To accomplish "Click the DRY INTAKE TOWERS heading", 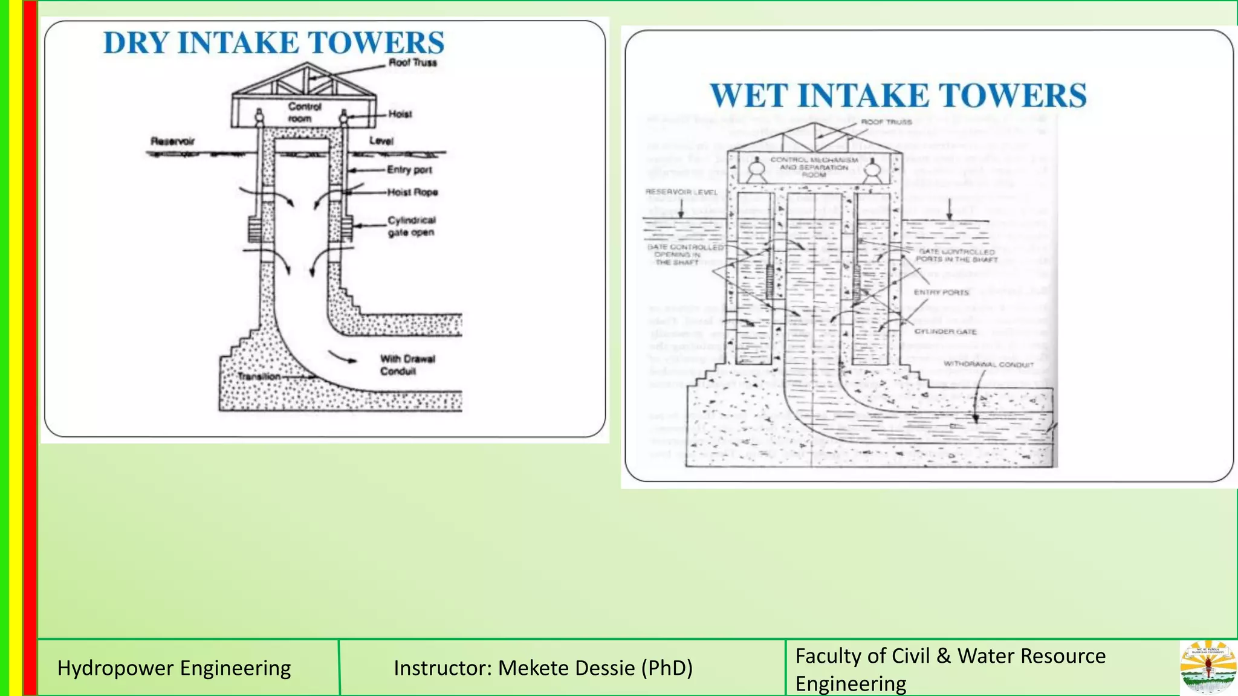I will [274, 43].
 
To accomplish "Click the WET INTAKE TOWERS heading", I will [898, 95].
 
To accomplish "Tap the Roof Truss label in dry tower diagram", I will [412, 62].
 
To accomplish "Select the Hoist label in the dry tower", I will [400, 114].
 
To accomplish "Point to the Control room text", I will [304, 112].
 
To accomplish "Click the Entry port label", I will [409, 170].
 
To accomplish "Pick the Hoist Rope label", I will [412, 192].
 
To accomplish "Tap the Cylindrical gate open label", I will [411, 226].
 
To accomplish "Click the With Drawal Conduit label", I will [407, 364].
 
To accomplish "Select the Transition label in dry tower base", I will [259, 376].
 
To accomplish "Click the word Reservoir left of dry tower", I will [173, 141].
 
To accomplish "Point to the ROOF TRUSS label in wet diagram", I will [886, 122].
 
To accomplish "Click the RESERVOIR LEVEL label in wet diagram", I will [681, 192].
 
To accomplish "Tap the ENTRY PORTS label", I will [941, 292].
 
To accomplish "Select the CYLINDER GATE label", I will [945, 332].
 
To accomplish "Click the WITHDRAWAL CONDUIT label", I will [988, 364].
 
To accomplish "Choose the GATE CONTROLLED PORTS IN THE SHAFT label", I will [956, 256].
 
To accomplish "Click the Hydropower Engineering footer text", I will [174, 668].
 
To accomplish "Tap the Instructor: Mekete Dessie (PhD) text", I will [543, 668].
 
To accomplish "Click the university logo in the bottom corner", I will [1208, 668].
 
